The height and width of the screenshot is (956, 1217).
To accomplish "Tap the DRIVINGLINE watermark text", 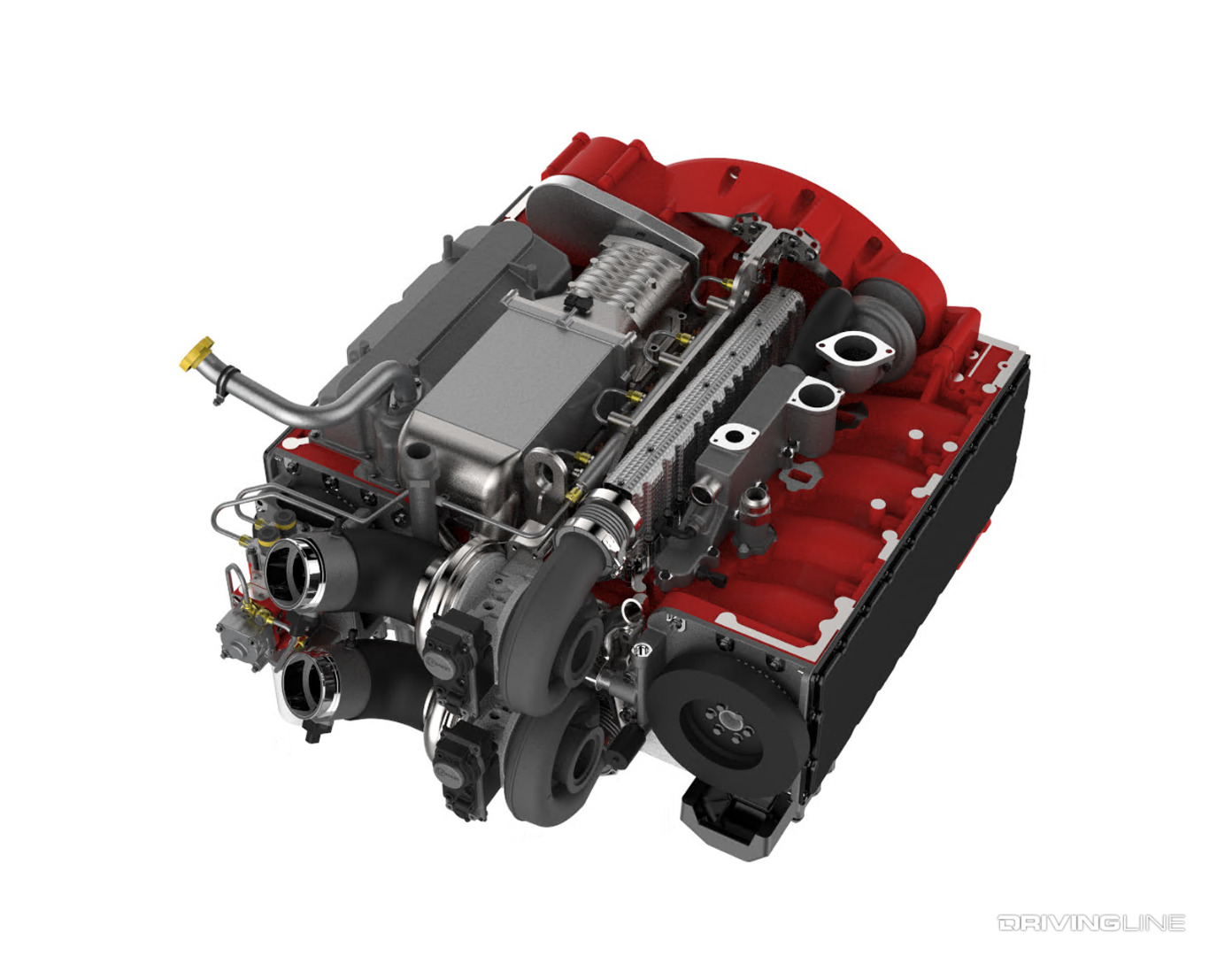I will click(x=1090, y=923).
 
